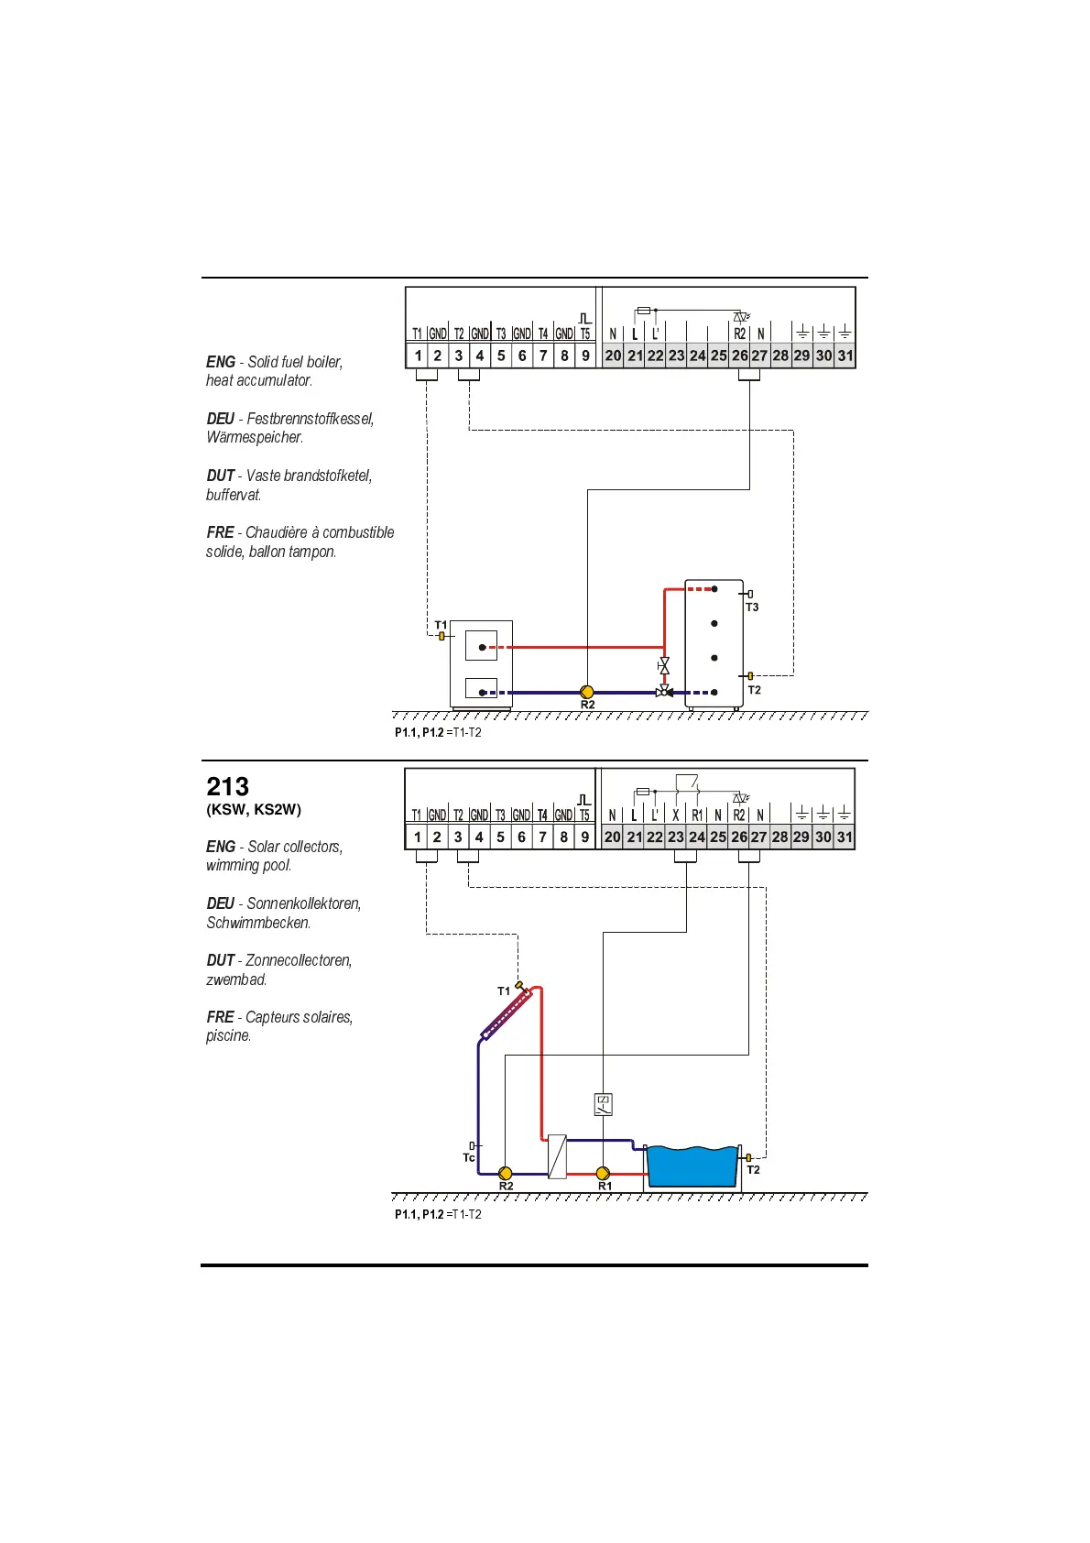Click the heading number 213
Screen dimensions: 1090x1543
(227, 787)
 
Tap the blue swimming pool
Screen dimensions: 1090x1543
(692, 1166)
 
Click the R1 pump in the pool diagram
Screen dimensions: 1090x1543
(603, 1173)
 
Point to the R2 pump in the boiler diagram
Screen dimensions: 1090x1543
(587, 692)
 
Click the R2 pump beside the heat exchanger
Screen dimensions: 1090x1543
(505, 1173)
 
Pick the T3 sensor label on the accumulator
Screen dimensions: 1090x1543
(752, 607)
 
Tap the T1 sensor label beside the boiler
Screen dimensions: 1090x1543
(441, 625)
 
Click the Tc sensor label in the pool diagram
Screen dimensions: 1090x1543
(469, 1158)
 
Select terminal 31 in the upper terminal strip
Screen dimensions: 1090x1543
(845, 356)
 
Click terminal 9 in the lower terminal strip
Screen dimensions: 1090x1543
(584, 837)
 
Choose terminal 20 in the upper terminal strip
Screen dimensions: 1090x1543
(613, 356)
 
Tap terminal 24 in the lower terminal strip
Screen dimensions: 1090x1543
(697, 837)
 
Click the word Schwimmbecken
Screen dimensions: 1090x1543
(258, 923)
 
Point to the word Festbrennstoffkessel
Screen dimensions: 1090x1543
(311, 419)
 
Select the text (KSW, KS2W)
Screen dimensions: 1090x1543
(254, 809)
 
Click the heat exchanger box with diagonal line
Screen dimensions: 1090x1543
(557, 1156)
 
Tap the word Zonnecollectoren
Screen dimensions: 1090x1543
(299, 960)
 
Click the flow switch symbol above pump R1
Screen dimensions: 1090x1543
(603, 1104)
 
